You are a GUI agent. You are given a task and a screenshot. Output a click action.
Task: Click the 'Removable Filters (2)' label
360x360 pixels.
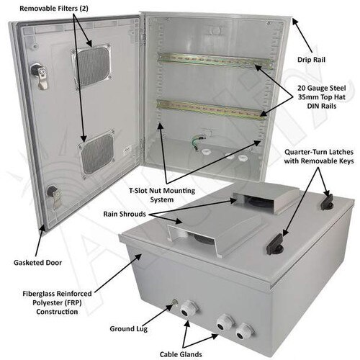click(54, 9)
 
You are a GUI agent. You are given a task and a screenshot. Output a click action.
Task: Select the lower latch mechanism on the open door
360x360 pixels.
click(53, 194)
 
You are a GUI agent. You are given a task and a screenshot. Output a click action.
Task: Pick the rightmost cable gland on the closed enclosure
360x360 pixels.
click(245, 330)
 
